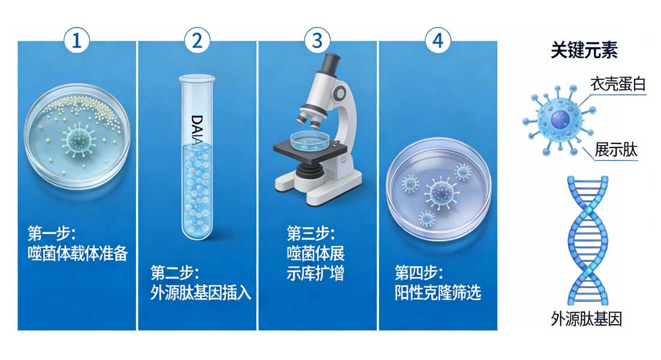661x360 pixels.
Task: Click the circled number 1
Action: (77, 41)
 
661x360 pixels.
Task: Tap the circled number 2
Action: (197, 41)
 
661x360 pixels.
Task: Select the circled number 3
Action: (317, 41)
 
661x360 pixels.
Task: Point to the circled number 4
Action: (438, 41)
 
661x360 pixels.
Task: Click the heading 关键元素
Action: (584, 50)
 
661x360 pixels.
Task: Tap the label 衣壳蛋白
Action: (618, 84)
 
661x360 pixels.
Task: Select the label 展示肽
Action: (616, 149)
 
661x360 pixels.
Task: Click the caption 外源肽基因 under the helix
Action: (587, 319)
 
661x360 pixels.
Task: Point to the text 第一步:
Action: (52, 233)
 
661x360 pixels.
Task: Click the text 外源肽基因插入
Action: (201, 292)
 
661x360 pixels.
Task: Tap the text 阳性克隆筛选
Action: (438, 292)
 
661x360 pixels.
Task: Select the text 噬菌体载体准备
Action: (77, 253)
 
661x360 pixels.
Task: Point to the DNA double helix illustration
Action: (588, 240)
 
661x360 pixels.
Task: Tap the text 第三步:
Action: (311, 233)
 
